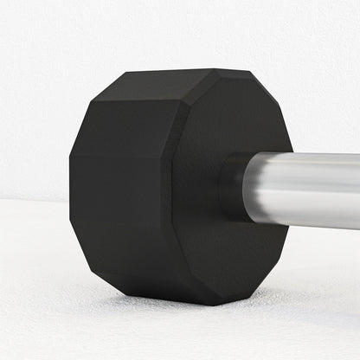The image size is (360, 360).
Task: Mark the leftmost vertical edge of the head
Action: (x=70, y=190)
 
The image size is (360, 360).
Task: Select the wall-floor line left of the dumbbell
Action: (x=35, y=200)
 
